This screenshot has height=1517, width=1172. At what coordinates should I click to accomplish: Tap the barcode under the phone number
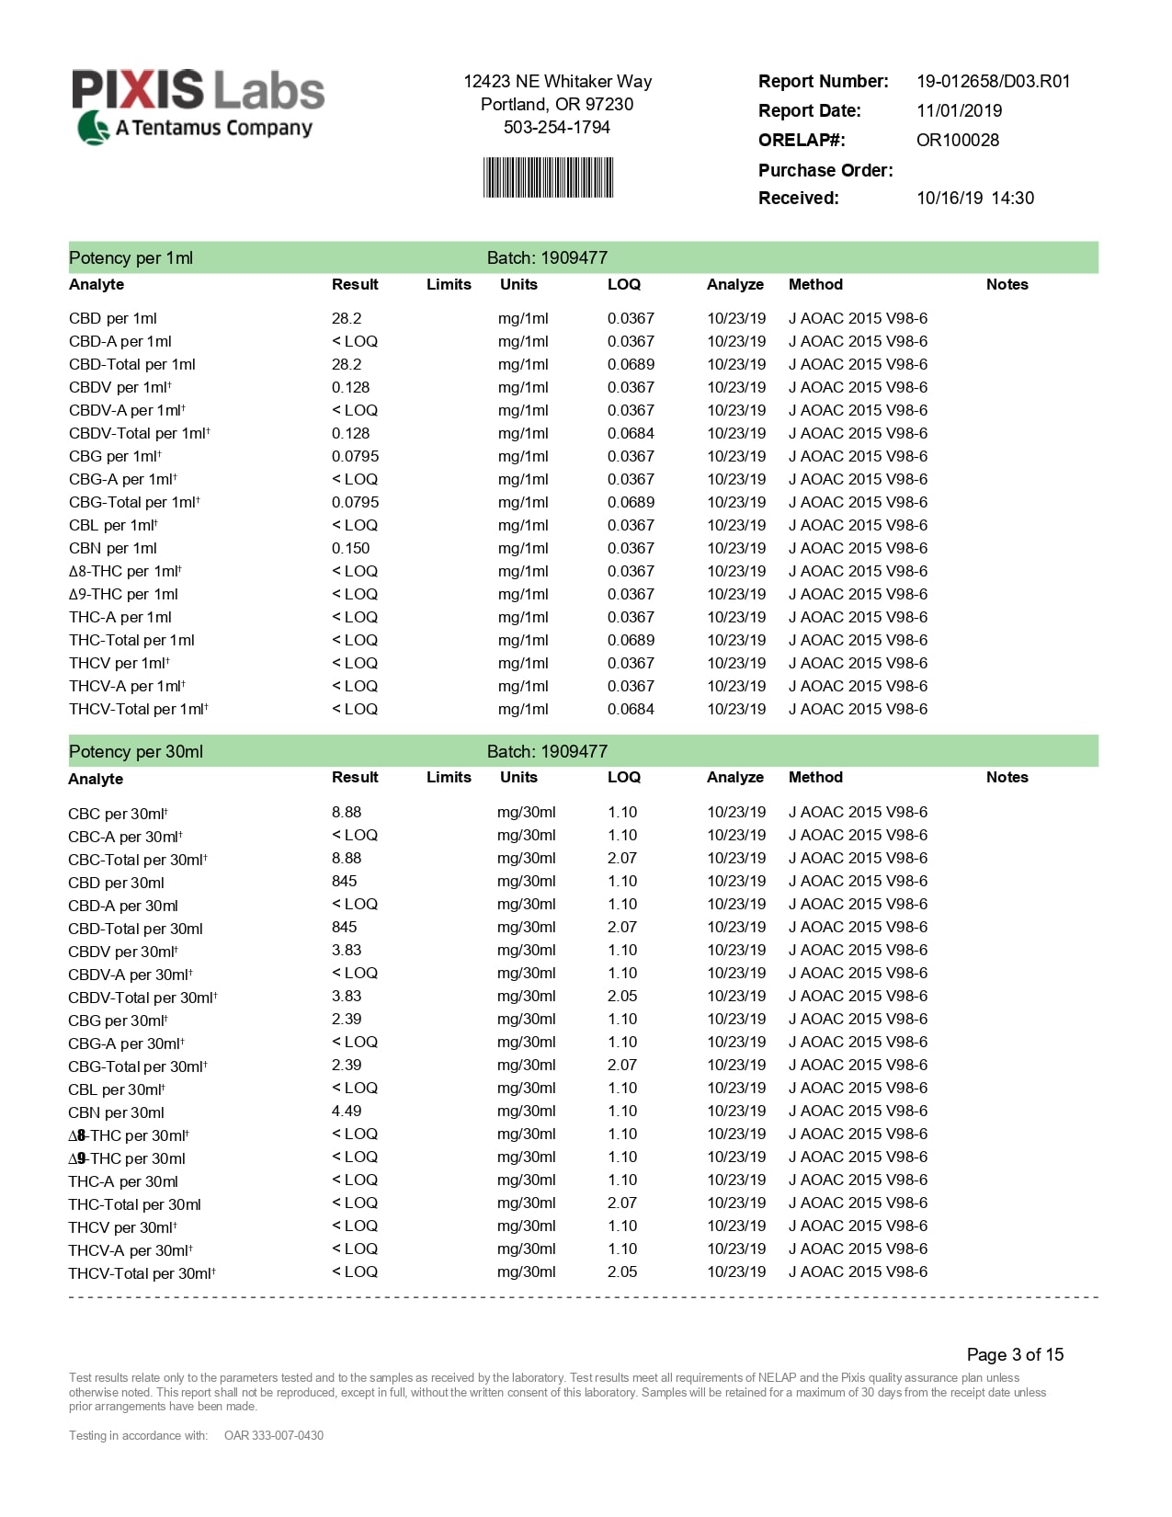(548, 177)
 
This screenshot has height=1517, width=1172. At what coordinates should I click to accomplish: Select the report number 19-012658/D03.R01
(993, 82)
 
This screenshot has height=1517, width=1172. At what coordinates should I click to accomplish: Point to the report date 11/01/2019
(959, 111)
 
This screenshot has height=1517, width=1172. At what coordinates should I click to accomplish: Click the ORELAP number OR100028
(957, 141)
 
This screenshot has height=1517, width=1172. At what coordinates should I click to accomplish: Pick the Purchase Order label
(825, 170)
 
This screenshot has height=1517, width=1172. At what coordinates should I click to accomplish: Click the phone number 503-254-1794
(556, 128)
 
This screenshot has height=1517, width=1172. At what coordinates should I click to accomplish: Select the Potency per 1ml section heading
(131, 258)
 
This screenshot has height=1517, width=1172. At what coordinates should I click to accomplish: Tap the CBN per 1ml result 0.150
(350, 548)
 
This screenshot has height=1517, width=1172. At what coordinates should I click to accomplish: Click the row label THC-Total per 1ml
(131, 640)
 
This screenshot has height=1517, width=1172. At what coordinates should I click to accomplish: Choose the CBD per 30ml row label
(116, 883)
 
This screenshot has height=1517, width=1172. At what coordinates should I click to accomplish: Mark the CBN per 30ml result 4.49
(347, 1111)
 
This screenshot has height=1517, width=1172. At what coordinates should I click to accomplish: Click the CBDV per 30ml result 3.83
(347, 950)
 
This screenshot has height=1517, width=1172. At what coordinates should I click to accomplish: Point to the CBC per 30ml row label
(118, 814)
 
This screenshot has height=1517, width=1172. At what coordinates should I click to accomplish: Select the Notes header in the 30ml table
(1007, 777)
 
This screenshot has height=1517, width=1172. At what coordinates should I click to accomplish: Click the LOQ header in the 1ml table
(623, 284)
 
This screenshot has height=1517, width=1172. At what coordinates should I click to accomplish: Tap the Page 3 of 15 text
(1015, 1354)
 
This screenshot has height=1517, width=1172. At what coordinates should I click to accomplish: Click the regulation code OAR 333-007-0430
(273, 1435)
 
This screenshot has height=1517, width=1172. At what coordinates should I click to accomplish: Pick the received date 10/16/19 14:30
(974, 199)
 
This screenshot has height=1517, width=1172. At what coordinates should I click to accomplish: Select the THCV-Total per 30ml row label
(142, 1273)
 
